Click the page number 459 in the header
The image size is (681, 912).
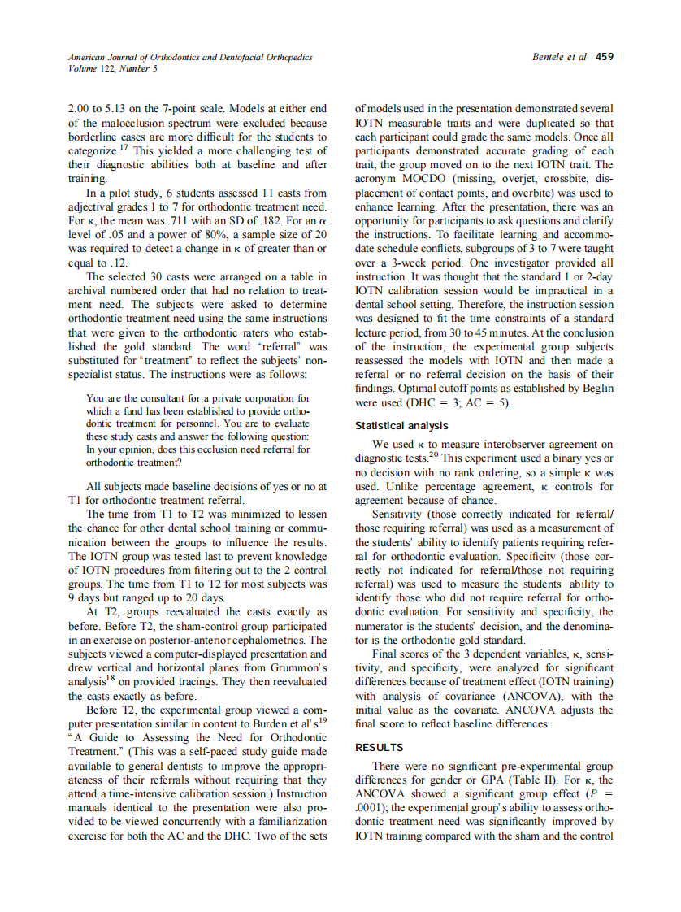604,57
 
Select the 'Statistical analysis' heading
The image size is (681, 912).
401,426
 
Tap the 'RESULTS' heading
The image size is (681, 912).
380,747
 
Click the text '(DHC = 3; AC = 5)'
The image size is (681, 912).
460,403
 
